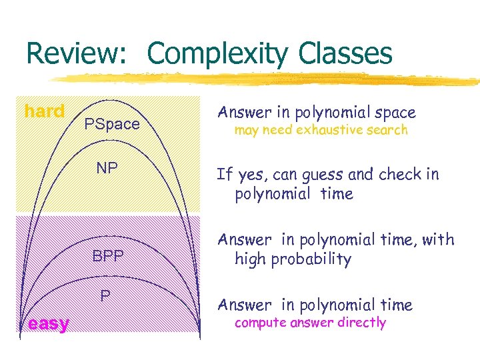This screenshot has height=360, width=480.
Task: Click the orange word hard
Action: pyautogui.click(x=45, y=111)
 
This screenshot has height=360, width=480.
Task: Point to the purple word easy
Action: pyautogui.click(x=48, y=324)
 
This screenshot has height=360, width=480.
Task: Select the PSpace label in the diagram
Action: pyautogui.click(x=112, y=124)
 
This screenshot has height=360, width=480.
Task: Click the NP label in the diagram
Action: pyautogui.click(x=107, y=167)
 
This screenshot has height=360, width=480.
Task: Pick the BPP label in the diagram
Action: pyautogui.click(x=108, y=255)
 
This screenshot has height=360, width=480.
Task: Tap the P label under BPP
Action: pyautogui.click(x=105, y=295)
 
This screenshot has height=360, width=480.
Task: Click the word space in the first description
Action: pyautogui.click(x=394, y=113)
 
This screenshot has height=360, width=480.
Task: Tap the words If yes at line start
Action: pyautogui.click(x=235, y=175)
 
